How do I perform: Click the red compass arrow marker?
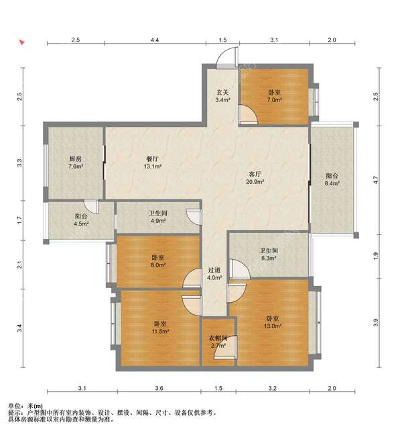(22, 42)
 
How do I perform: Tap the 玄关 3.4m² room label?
(222, 96)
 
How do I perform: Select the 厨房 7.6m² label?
(76, 162)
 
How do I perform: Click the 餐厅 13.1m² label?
(153, 162)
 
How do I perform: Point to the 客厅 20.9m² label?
(255, 178)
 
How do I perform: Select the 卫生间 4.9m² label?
(158, 217)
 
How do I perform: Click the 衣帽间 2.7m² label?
(218, 342)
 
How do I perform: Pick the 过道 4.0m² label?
(214, 273)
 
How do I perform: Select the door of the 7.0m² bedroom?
(249, 114)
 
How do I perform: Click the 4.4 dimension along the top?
(155, 40)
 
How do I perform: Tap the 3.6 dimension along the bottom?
(159, 388)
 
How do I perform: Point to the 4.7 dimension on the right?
(375, 181)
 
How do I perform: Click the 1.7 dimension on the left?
(19, 221)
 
